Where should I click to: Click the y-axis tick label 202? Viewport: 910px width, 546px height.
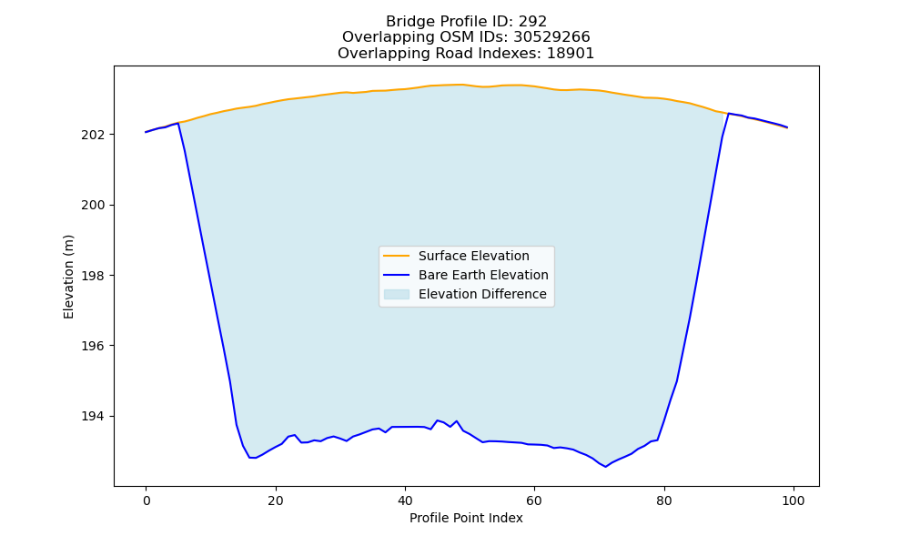(x=94, y=135)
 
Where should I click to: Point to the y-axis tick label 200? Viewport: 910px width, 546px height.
(x=94, y=206)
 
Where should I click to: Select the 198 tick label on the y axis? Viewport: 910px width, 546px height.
(x=94, y=276)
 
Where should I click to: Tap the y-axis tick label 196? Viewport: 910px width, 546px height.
(x=94, y=346)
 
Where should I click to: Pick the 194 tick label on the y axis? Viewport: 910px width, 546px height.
(x=94, y=417)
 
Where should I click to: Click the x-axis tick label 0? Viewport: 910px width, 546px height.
(x=147, y=500)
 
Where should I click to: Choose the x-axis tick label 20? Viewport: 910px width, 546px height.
(x=276, y=500)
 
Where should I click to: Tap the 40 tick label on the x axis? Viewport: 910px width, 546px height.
(x=405, y=500)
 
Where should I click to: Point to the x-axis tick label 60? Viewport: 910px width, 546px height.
(x=534, y=500)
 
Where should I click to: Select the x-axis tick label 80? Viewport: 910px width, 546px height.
(x=664, y=500)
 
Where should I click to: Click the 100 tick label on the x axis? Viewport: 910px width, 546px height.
(x=794, y=500)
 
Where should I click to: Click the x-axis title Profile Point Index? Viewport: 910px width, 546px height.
(x=466, y=518)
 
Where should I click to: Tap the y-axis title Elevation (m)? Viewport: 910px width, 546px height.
(x=68, y=277)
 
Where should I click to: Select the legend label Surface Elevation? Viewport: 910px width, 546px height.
(x=473, y=256)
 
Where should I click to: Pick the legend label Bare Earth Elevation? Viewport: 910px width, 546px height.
(x=483, y=275)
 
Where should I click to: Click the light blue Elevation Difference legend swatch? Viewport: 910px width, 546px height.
(x=397, y=294)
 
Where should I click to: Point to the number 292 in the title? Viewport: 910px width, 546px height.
(x=532, y=22)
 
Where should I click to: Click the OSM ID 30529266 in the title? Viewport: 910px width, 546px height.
(x=552, y=37)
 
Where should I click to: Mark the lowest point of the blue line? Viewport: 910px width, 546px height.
(x=605, y=467)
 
